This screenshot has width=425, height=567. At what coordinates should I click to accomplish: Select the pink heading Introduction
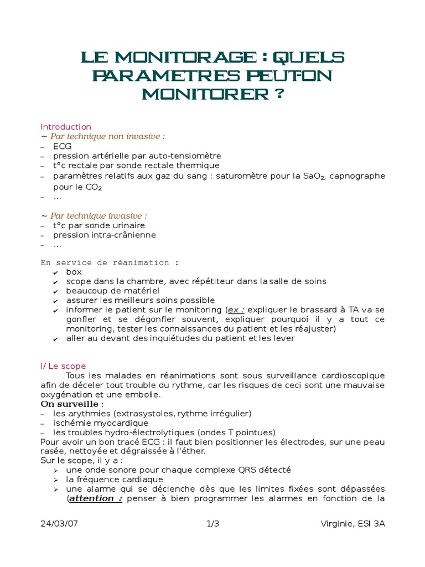65,127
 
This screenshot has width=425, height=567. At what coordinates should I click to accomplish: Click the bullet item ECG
62,146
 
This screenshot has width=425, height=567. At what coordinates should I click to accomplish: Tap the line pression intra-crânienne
104,235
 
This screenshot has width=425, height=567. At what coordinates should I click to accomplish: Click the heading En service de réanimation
110,262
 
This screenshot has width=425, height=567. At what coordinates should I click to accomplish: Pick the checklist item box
74,272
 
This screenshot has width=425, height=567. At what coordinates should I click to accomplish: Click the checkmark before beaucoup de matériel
55,291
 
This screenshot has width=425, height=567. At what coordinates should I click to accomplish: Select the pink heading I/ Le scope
63,366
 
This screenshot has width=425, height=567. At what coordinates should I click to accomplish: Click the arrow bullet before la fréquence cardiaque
55,480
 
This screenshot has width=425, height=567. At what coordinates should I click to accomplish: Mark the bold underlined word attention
95,498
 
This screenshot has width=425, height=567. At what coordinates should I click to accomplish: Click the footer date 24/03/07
59,524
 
